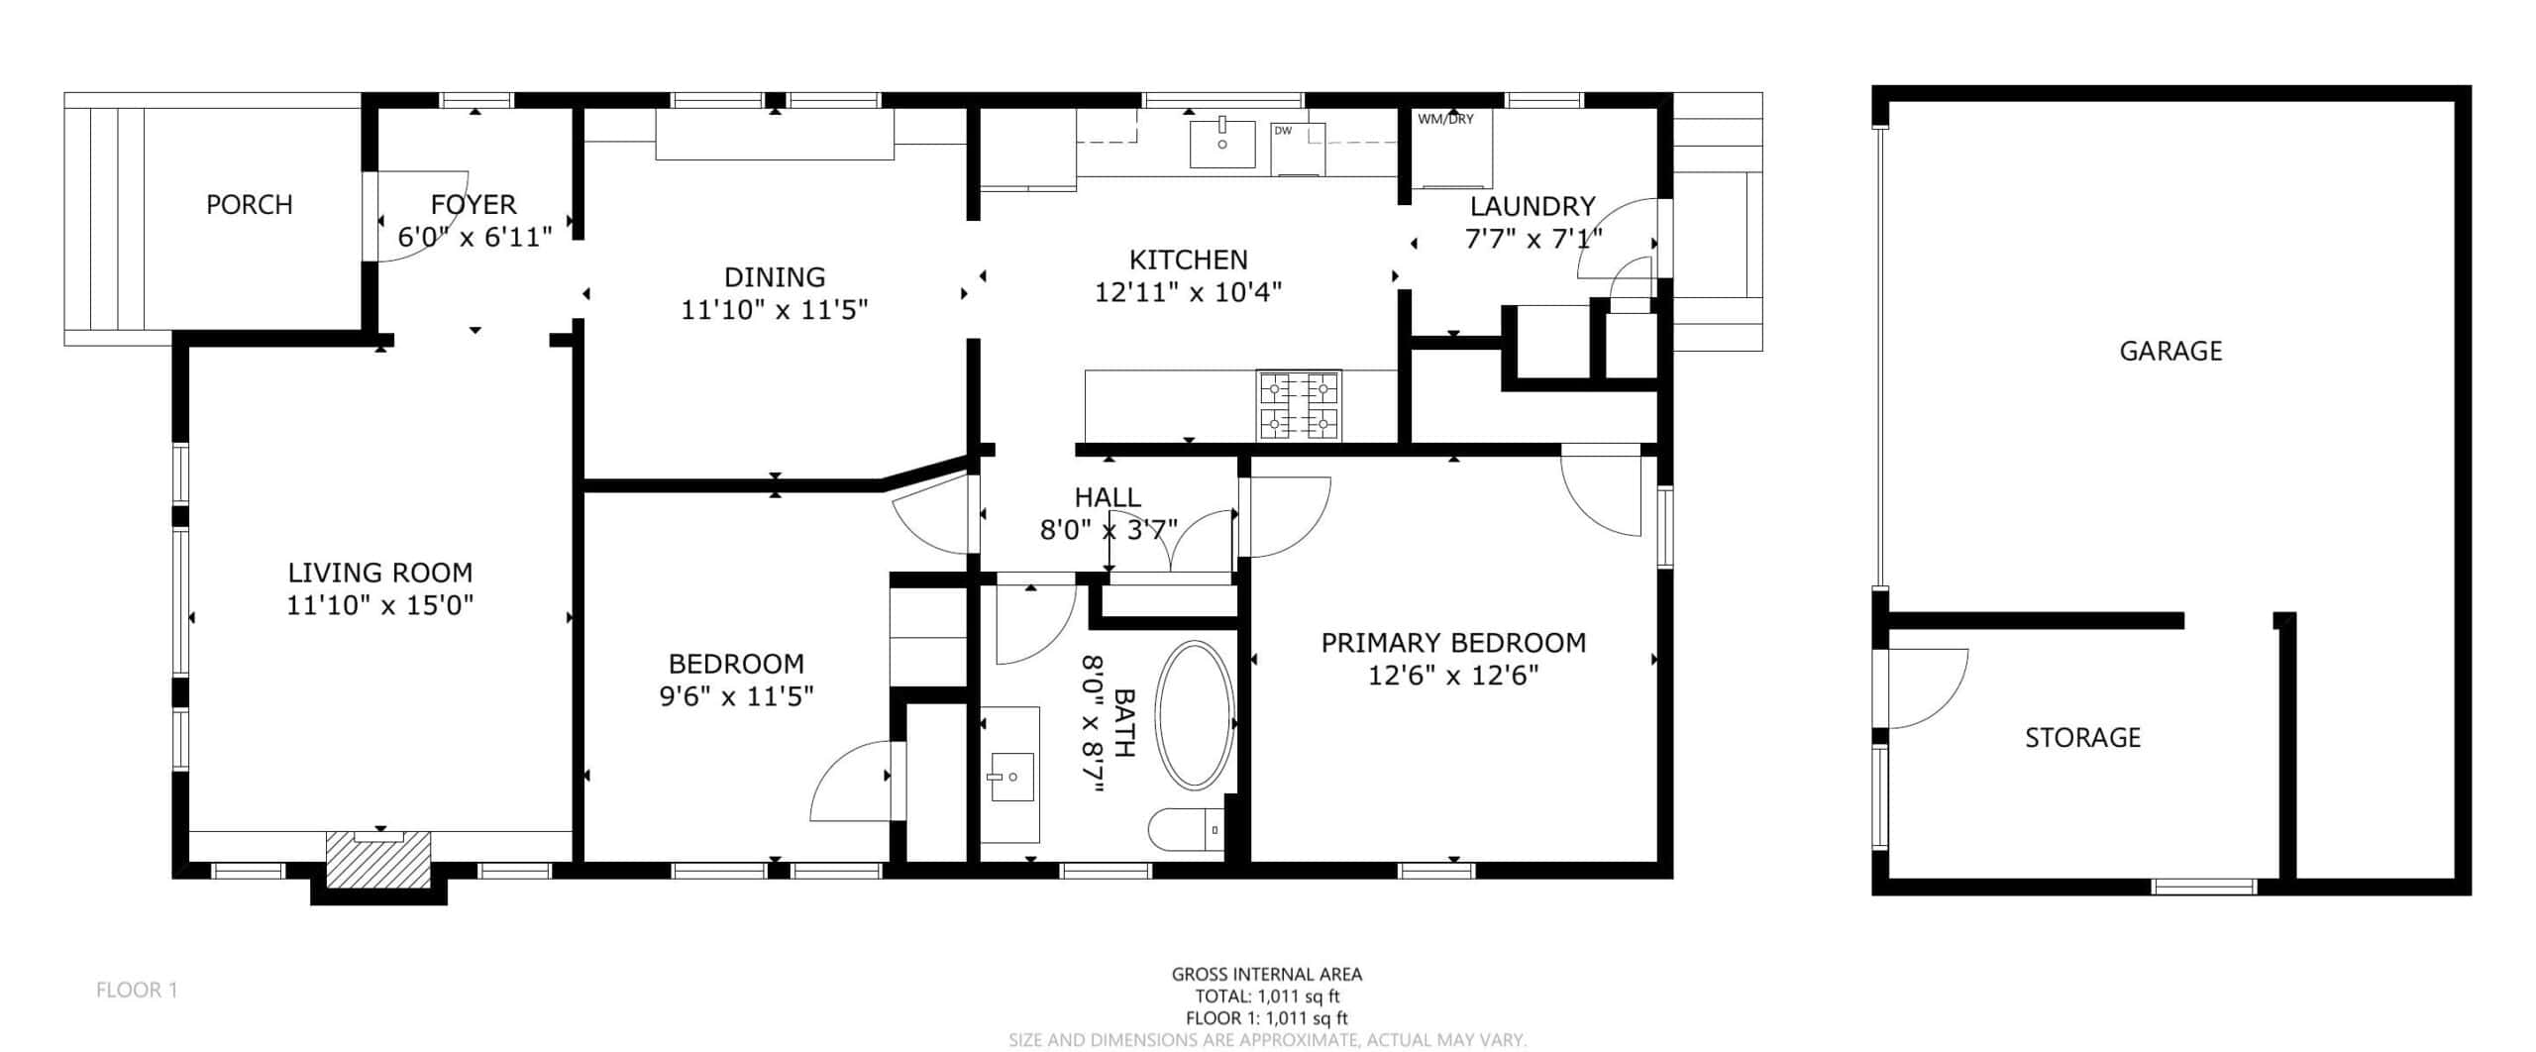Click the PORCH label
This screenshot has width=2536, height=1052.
click(250, 205)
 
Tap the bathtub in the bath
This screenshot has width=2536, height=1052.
click(1196, 715)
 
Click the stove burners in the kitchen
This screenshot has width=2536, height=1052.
click(1299, 405)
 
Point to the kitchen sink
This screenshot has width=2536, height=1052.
click(1222, 145)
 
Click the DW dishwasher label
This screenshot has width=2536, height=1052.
click(1283, 131)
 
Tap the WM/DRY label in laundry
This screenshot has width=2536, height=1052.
click(1445, 119)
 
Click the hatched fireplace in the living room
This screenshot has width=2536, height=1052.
click(379, 861)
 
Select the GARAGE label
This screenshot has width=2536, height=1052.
click(2170, 351)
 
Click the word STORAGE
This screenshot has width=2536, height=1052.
click(2082, 737)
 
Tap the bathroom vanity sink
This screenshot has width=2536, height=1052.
click(1010, 778)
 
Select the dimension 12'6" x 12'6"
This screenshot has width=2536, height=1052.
click(1453, 676)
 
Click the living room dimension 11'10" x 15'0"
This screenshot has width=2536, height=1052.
click(380, 604)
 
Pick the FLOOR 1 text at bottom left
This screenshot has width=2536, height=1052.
click(137, 990)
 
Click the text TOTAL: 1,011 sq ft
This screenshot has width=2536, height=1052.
click(1267, 997)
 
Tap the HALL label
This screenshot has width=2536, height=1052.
click(1108, 497)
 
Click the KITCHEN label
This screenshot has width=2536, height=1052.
click(1189, 260)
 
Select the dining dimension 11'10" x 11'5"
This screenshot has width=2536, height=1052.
click(775, 310)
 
